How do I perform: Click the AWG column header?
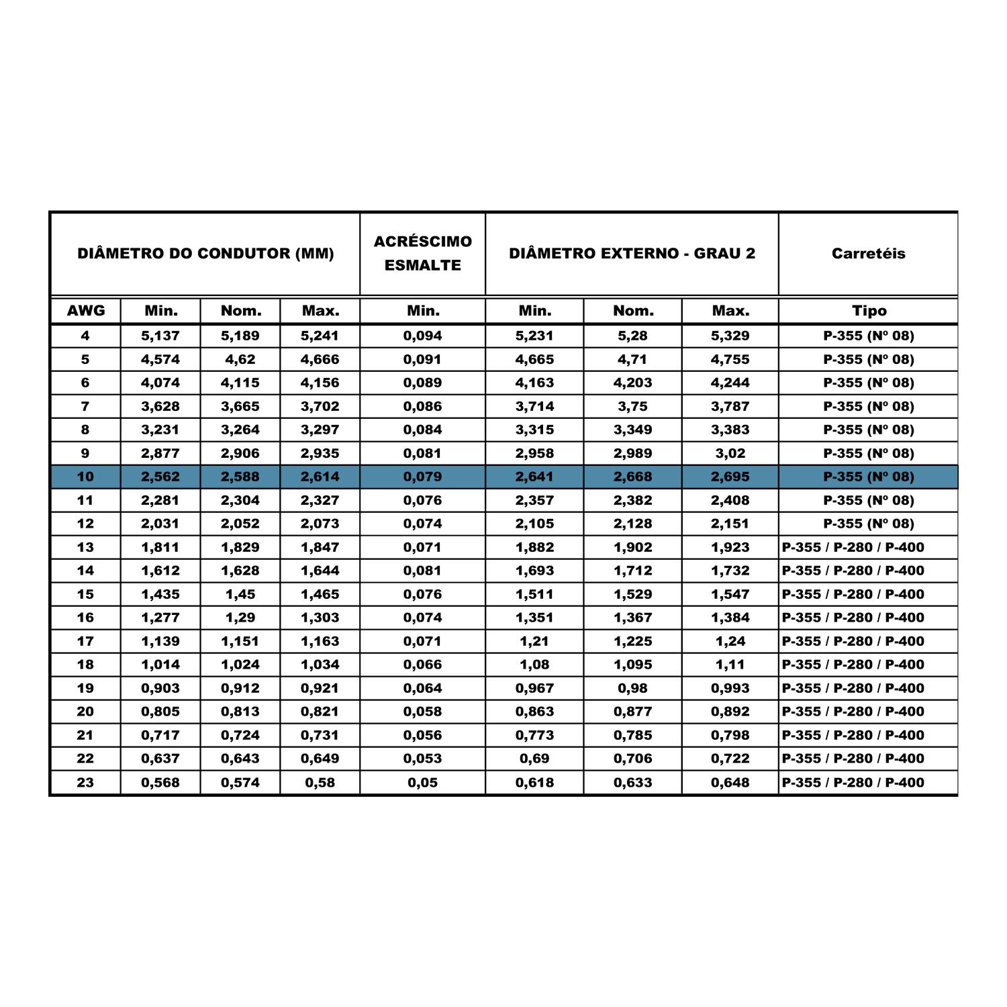pos(86,311)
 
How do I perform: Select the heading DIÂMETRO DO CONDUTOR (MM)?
pos(205,254)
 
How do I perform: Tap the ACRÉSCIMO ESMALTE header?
pos(422,253)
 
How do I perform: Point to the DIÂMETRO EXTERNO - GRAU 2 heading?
pos(632,254)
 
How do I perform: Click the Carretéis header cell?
pos(868,254)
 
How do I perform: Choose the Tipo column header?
pos(869,311)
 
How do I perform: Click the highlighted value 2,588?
pos(240,477)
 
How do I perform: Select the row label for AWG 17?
pos(85,641)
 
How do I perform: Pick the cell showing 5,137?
pos(160,336)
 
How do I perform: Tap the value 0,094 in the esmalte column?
pos(422,336)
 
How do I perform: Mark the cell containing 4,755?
pos(730,359)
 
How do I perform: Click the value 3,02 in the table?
pos(730,453)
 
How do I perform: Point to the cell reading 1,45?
pos(240,594)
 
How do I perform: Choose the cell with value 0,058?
pos(422,712)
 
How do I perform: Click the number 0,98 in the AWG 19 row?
pos(632,688)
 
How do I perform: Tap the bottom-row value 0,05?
pos(422,782)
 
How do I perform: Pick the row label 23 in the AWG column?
pos(85,782)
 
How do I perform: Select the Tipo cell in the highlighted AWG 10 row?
pos(868,477)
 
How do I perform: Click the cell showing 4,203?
pos(632,383)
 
